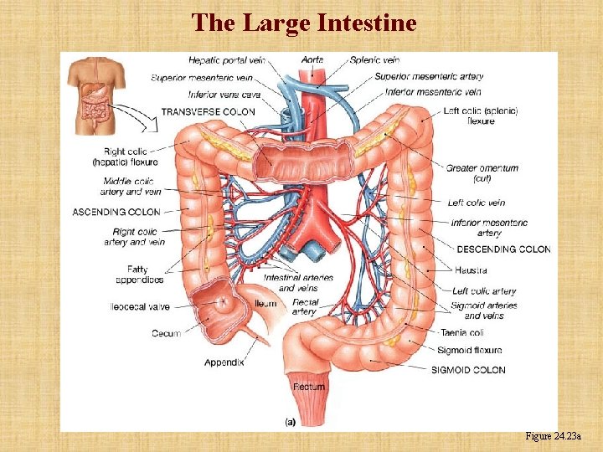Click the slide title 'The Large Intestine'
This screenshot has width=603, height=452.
[x=303, y=23]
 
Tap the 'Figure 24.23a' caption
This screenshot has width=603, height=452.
[x=558, y=436]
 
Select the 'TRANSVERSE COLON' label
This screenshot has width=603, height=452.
[x=209, y=111]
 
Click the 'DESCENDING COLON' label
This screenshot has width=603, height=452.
[x=503, y=249]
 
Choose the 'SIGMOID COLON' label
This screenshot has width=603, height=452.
[x=468, y=370]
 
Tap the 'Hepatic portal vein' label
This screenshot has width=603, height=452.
[x=226, y=60]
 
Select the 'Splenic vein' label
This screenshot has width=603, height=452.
[x=374, y=60]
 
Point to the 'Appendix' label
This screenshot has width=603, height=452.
[x=224, y=362]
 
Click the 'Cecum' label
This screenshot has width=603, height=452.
[x=166, y=333]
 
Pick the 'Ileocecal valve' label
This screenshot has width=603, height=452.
[x=140, y=307]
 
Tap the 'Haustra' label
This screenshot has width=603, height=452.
[x=472, y=270]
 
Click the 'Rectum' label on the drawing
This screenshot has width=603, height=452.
[x=309, y=387]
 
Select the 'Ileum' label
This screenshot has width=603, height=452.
[x=265, y=303]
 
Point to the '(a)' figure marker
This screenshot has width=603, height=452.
[x=290, y=422]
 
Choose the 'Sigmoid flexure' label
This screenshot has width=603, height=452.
[x=468, y=350]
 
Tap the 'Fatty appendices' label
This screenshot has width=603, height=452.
[x=133, y=275]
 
